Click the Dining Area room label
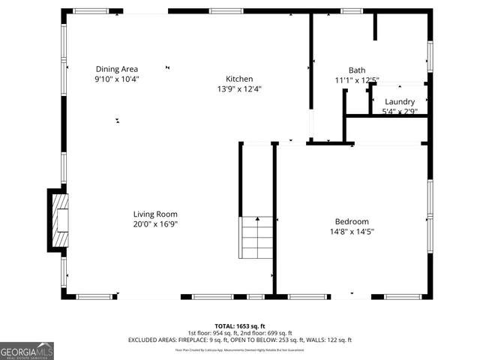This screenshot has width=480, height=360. point(116,69)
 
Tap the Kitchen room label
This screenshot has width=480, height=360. point(239,79)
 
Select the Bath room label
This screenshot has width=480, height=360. point(356,70)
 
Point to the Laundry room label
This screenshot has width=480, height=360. point(400,102)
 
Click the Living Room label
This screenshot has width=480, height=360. point(155,214)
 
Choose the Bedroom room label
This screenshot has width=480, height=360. point(352,221)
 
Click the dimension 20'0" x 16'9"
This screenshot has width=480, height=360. point(155,223)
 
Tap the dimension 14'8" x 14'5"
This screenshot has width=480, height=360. point(352,232)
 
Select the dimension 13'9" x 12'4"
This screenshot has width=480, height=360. point(239,88)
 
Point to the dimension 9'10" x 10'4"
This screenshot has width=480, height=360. point(116,79)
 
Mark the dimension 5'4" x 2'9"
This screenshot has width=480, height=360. point(400,112)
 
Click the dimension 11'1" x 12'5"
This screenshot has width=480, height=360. point(356,80)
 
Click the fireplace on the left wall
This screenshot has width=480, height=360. point(58,220)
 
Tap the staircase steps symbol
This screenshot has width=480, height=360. point(256,236)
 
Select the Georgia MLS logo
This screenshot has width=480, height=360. point(27,350)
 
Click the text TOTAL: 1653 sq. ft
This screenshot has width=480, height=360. point(239,326)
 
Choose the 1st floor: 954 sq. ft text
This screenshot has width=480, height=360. point(211,333)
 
